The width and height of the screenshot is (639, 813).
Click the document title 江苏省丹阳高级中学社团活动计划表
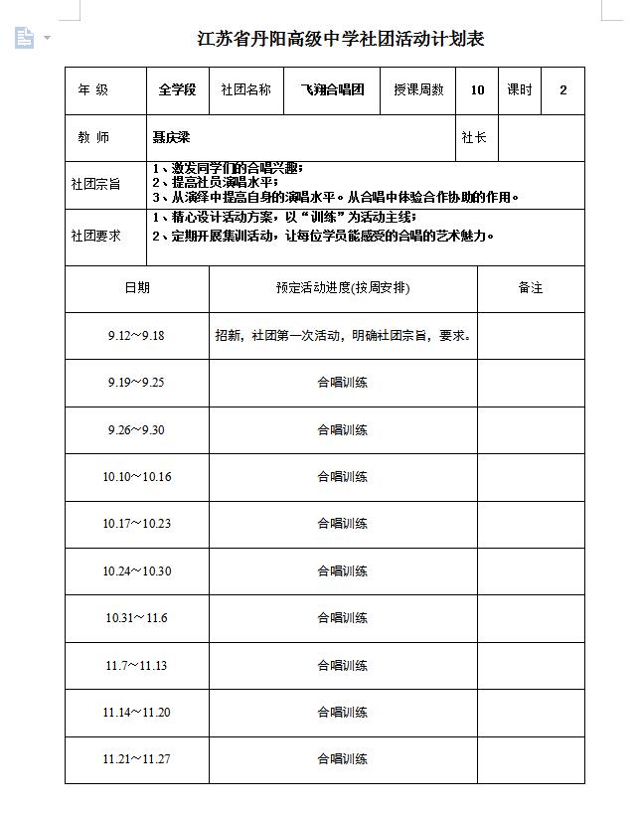[341, 40]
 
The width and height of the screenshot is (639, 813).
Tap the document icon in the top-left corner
[25, 38]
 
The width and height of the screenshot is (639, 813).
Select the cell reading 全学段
[177, 90]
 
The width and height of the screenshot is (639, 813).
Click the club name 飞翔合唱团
[332, 90]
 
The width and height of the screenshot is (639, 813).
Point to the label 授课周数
[418, 90]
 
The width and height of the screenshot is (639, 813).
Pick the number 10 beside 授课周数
[477, 90]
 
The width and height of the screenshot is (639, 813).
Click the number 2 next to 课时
[563, 90]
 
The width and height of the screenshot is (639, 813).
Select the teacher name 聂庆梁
[171, 138]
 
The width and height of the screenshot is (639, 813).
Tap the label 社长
[475, 138]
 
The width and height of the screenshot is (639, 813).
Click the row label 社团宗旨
[95, 184]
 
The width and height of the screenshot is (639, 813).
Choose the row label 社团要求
[95, 237]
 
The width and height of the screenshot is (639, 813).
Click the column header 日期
[137, 288]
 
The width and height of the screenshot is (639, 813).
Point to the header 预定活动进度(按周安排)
[343, 288]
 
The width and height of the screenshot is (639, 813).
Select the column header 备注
[531, 288]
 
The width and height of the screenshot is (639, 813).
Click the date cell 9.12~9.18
[137, 336]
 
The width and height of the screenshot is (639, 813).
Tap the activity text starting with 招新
[343, 336]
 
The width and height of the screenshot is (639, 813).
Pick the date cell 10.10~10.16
[137, 477]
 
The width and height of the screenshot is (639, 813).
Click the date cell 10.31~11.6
[137, 618]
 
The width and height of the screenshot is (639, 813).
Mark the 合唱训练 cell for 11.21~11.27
[343, 759]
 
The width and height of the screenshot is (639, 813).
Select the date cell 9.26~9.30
[137, 430]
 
